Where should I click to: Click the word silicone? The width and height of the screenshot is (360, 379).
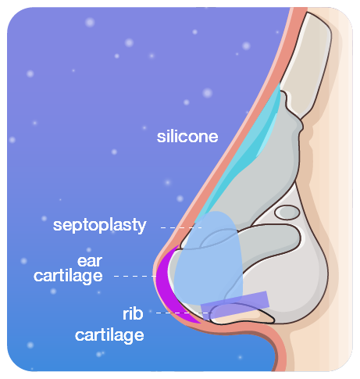(187, 137)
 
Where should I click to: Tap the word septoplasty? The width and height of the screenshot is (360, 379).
(100, 225)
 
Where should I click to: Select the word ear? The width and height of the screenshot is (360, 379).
(90, 261)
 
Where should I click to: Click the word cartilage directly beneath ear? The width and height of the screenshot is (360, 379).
(68, 277)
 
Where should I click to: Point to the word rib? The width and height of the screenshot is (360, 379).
(133, 313)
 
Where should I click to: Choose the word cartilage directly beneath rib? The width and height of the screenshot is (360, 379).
(109, 335)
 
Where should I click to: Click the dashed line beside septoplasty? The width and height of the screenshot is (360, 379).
(181, 227)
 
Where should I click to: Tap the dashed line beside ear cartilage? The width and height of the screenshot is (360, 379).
(135, 276)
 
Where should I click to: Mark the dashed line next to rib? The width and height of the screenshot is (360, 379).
(184, 313)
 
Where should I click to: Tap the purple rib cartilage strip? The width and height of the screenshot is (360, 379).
(235, 305)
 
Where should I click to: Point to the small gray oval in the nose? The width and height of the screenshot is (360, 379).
(287, 213)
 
